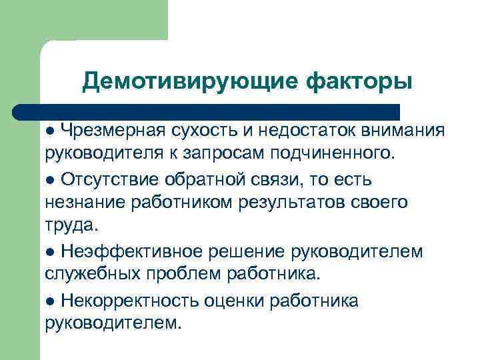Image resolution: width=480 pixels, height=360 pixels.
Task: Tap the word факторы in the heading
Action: (x=359, y=81)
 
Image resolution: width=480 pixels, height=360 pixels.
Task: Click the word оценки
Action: (x=233, y=301)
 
